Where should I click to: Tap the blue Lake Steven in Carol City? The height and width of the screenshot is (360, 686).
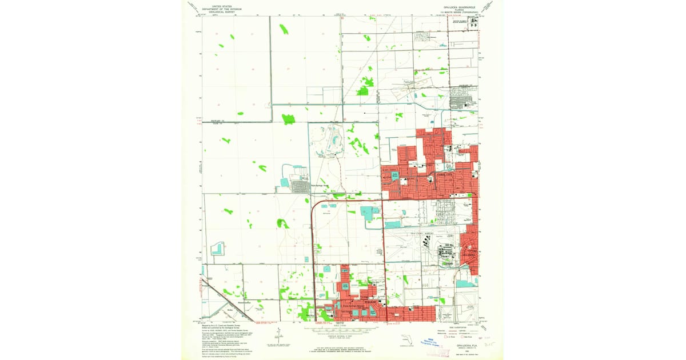pyautogui.click(x=394, y=174)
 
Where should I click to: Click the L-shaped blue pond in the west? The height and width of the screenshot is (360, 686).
pyautogui.click(x=217, y=249)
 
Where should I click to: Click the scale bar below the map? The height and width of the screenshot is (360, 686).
pyautogui.click(x=343, y=330)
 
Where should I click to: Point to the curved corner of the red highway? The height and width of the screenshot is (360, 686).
pyautogui.click(x=314, y=204)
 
